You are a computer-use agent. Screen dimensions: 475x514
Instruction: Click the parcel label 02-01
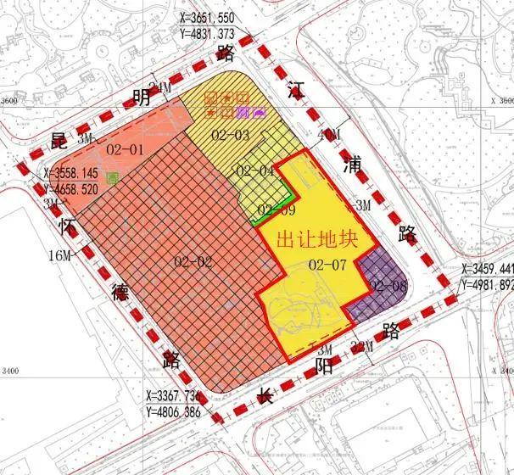tap(126, 148)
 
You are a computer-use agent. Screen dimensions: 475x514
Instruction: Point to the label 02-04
tap(254, 171)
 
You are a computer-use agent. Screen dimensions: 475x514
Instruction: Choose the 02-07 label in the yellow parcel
tap(327, 265)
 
